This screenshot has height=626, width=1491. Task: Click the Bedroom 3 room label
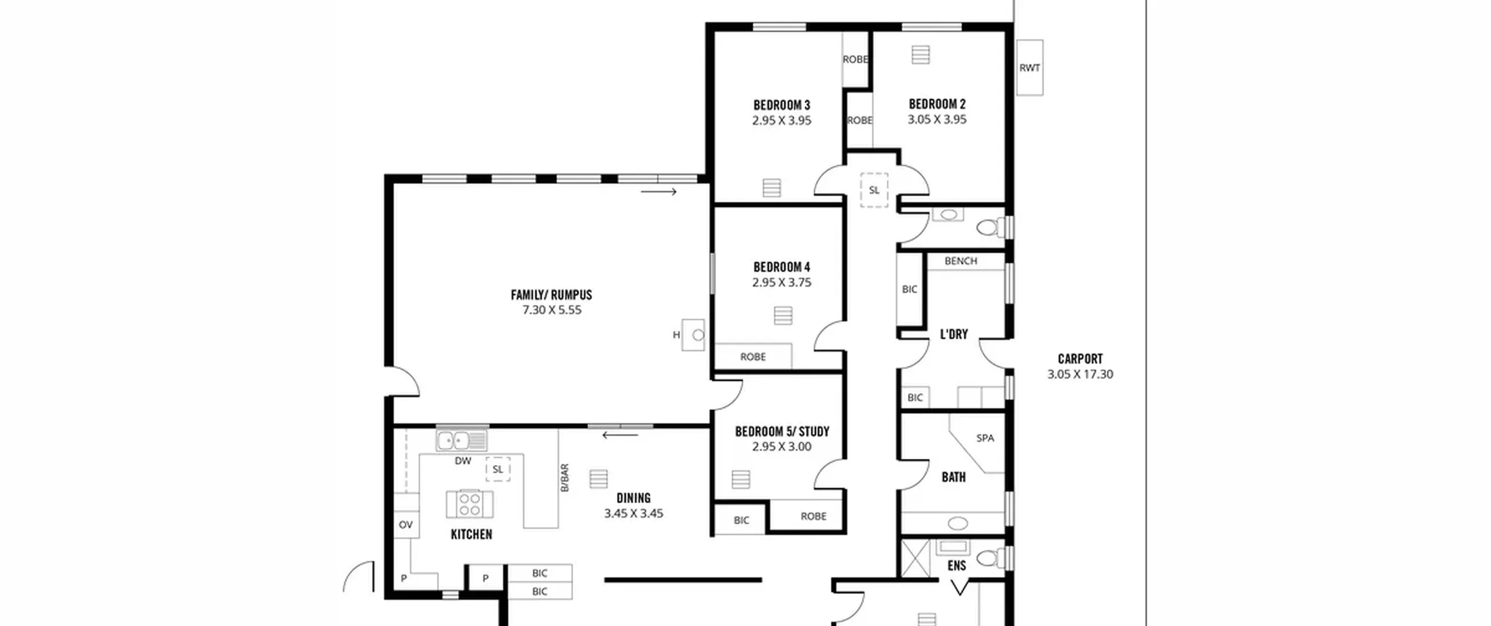click(x=782, y=105)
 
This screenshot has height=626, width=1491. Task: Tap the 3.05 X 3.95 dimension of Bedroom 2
click(x=937, y=119)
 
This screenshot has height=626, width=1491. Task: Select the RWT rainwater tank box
click(x=1030, y=68)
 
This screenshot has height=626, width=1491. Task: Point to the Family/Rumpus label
click(x=552, y=295)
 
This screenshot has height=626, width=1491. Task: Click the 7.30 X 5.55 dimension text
click(x=552, y=310)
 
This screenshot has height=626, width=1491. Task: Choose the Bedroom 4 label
click(x=782, y=267)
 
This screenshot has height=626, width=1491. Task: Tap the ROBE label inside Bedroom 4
click(x=752, y=357)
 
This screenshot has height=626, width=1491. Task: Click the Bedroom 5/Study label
click(x=782, y=432)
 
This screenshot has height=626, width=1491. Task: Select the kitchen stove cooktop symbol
click(x=469, y=504)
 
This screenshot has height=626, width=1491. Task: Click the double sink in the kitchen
click(x=462, y=440)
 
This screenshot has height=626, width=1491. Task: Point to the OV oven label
click(x=406, y=525)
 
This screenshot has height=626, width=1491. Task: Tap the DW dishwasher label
click(x=463, y=461)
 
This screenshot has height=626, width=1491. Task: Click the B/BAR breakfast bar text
click(x=564, y=478)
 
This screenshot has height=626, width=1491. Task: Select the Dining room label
click(x=634, y=498)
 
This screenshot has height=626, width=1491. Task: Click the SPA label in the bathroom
click(x=985, y=438)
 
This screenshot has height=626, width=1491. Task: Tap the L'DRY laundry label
click(x=954, y=334)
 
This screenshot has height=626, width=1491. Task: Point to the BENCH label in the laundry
click(x=961, y=261)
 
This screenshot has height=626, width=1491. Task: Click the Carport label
click(x=1080, y=359)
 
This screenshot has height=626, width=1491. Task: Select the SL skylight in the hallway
click(x=874, y=190)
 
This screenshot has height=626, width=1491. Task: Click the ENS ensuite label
click(x=957, y=565)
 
